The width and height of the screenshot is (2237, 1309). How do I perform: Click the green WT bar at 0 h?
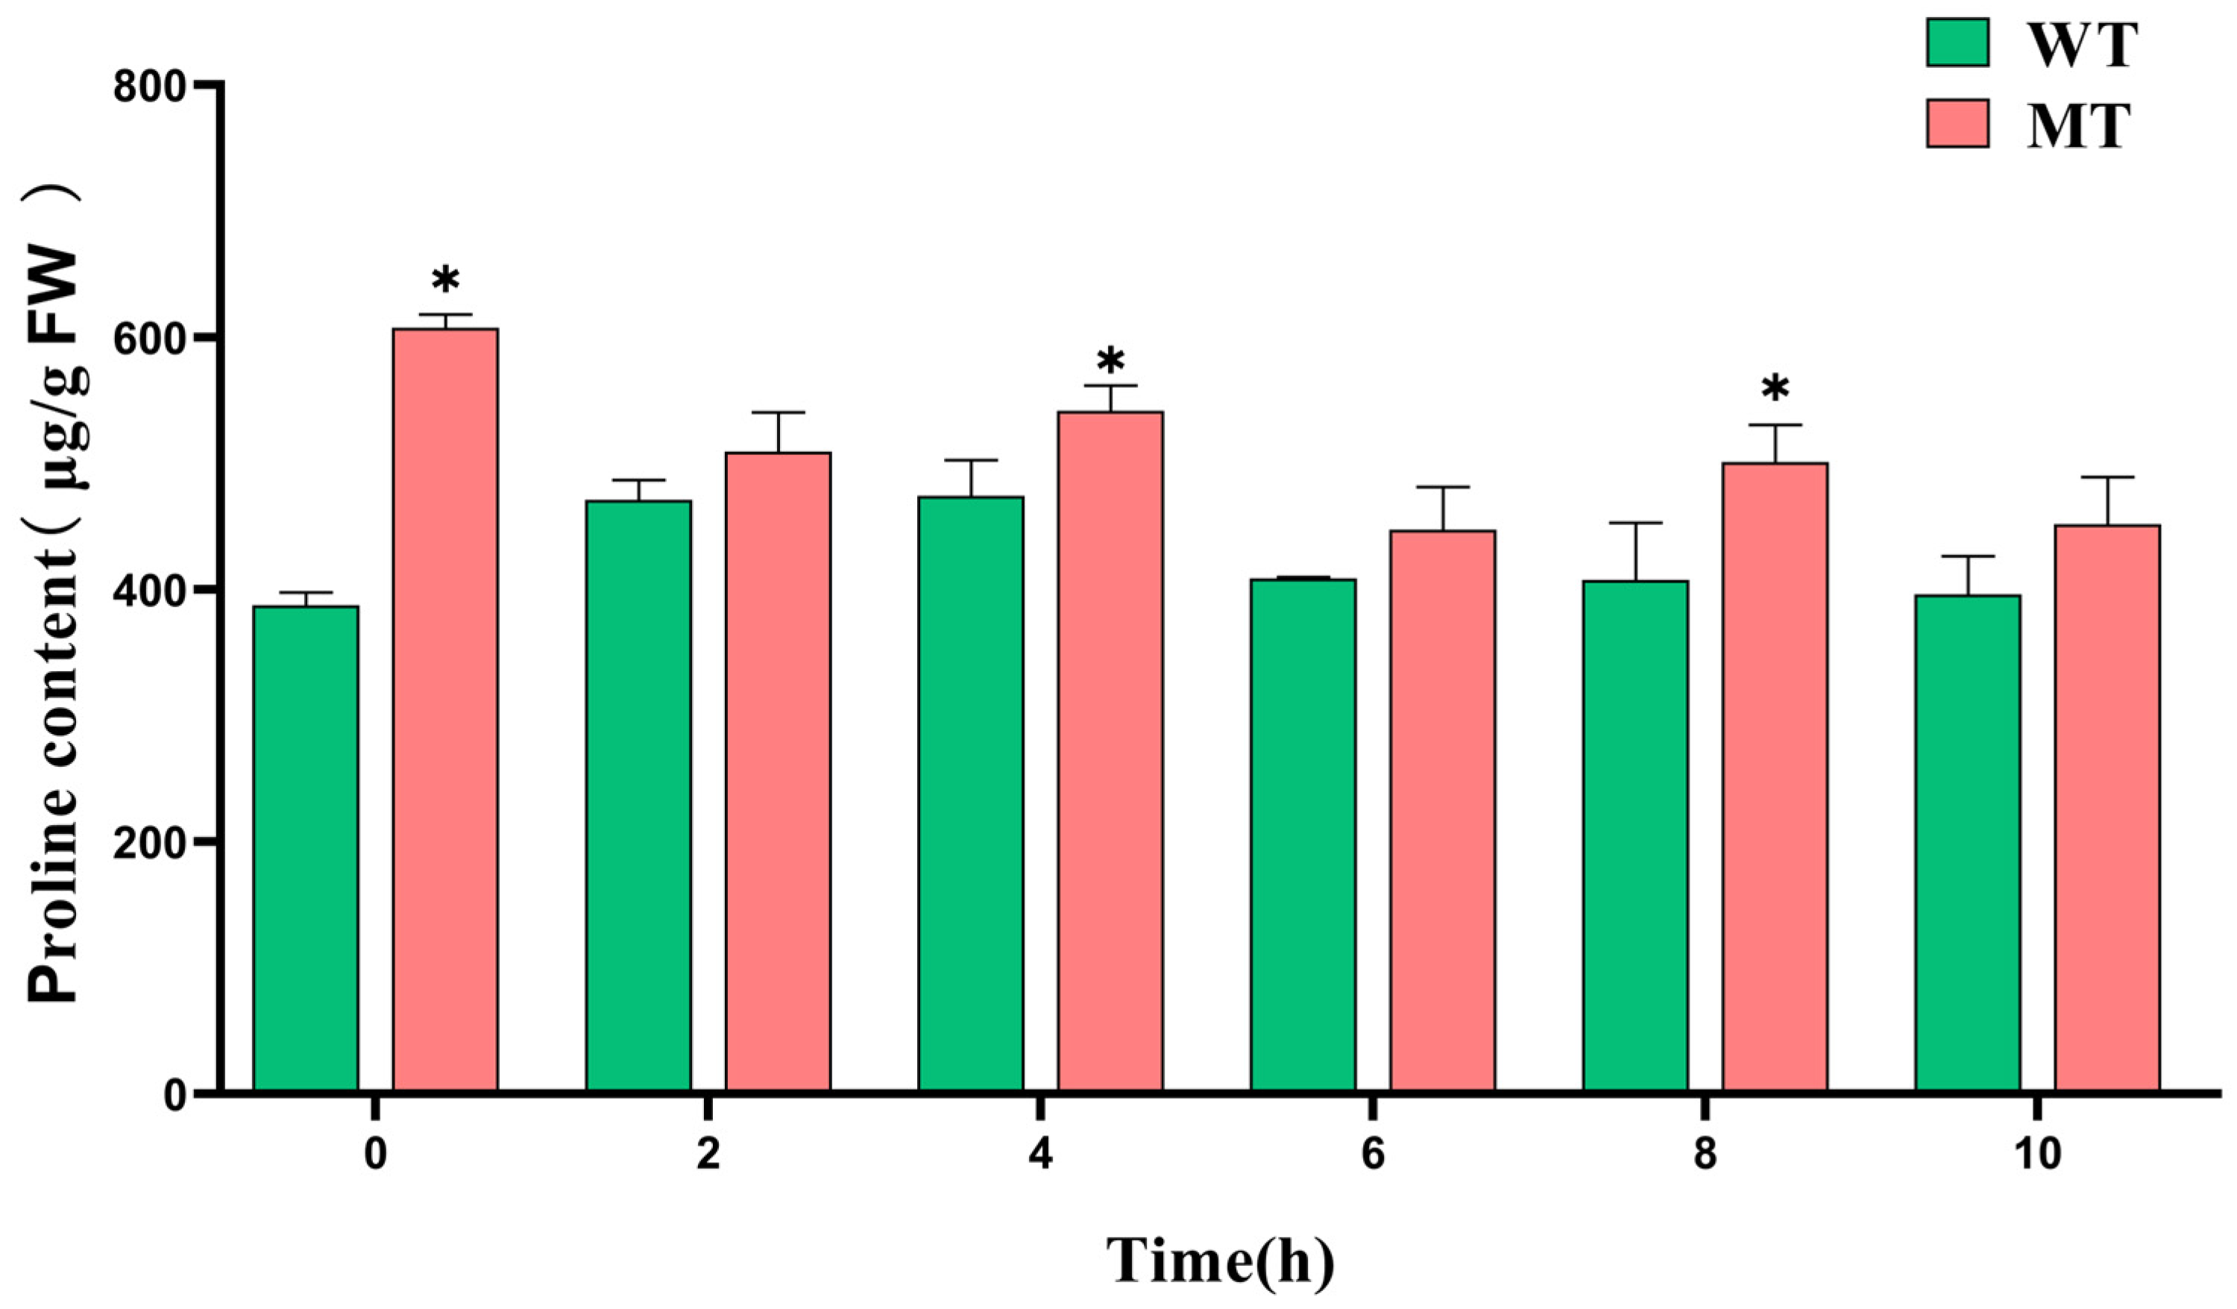306,848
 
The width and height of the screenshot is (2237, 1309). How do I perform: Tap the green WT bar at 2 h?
638,795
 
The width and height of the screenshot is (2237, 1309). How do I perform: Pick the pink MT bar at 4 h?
1110,750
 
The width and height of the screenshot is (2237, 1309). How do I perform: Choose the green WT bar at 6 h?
1303,835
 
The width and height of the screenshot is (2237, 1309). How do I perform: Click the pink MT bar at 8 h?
1775,776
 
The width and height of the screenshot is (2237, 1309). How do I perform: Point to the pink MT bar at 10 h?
2107,807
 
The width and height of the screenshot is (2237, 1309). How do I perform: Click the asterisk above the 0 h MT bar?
446,281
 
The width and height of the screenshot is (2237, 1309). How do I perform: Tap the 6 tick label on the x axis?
1372,1157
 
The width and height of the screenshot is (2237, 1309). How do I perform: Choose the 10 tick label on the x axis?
2036,1157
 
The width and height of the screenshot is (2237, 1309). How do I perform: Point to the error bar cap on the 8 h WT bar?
1635,523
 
